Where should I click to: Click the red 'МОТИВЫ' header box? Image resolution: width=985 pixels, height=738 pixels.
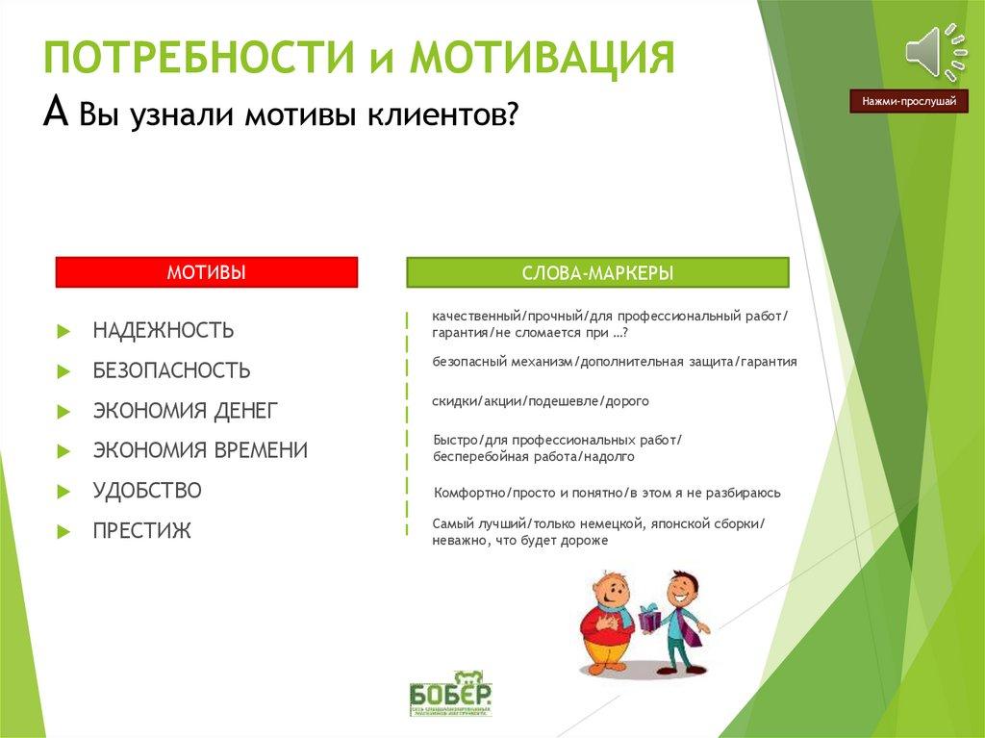coord(206,272)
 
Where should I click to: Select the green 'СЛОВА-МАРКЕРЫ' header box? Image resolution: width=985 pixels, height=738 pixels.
coord(597,273)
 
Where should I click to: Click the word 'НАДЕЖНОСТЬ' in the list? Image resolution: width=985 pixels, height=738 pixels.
coord(164,331)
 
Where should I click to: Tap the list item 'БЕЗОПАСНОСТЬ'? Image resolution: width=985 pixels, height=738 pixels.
coord(171,370)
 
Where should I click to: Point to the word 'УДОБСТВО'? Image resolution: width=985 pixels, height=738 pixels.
coord(147,491)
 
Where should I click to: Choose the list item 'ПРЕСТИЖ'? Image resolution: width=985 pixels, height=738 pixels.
coord(142,531)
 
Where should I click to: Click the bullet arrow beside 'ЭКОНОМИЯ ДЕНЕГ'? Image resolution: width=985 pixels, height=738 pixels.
coord(63,412)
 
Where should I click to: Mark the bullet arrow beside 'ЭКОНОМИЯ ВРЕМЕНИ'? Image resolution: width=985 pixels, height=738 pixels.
coord(63,451)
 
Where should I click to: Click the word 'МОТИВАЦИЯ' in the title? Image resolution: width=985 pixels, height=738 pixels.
coord(543,58)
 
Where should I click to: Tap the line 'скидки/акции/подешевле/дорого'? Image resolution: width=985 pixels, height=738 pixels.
coord(541,400)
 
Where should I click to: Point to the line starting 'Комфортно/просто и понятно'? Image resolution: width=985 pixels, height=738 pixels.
coord(607,493)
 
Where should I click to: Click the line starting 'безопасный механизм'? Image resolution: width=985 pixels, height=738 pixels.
coord(614,362)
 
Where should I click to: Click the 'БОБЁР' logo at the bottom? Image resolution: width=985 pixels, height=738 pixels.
coord(450,691)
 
